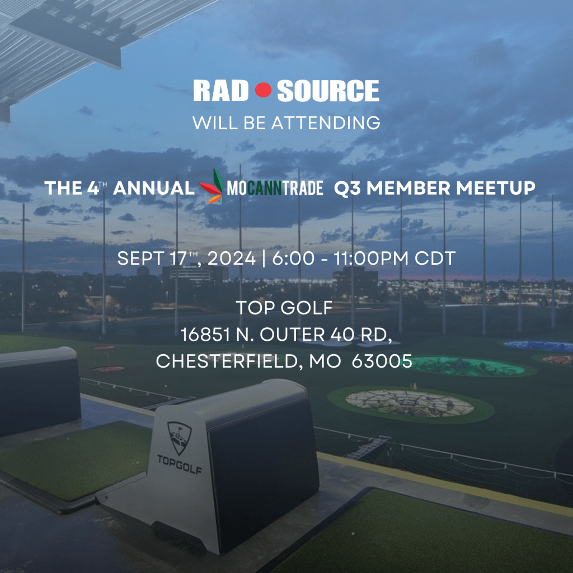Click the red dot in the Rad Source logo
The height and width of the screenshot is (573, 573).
coord(263,90)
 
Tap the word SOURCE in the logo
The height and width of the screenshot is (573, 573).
coord(328,91)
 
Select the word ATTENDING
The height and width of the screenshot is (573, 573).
coord(326,123)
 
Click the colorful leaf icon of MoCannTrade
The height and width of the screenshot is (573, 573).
coord(212,186)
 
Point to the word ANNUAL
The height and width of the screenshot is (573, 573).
coord(154,188)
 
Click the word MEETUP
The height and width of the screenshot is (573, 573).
coord(496,188)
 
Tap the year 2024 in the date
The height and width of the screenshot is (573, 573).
coord(231,259)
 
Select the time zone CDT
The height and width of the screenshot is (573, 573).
coord(435,259)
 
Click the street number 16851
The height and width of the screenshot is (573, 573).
coord(205,335)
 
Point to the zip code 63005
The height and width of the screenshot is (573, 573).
coord(382,361)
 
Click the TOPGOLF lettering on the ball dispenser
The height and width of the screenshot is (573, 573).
coord(180,464)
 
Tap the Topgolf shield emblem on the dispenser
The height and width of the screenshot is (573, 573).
coord(179,438)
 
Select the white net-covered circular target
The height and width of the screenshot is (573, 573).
coord(410,403)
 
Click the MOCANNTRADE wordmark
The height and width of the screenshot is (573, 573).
coord(275,188)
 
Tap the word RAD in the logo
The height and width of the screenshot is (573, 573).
coord(220,91)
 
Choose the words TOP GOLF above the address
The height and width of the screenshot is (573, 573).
coord(284,308)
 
